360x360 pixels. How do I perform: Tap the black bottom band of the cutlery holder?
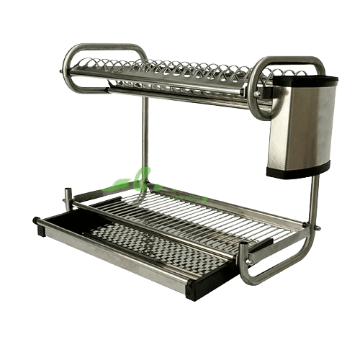click(297, 170)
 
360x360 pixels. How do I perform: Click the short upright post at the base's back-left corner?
click(69, 197)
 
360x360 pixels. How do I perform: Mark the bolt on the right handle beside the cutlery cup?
click(257, 94)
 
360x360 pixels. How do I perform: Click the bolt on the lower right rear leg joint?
click(317, 228)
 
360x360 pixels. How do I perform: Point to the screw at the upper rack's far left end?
click(60, 72)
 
